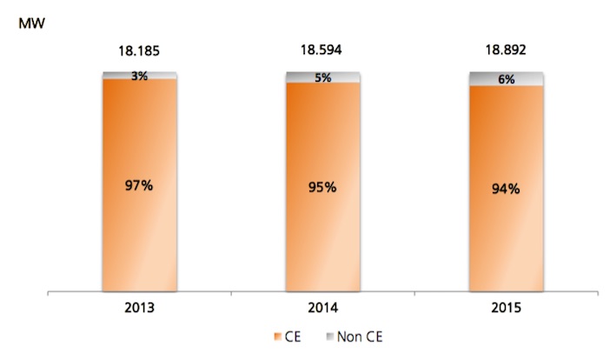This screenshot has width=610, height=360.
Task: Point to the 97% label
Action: (139, 185)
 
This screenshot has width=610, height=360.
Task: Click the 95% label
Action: (323, 187)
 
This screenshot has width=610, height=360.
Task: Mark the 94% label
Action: (507, 189)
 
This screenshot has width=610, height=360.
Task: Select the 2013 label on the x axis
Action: (139, 308)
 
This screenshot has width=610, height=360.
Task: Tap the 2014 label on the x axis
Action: (323, 308)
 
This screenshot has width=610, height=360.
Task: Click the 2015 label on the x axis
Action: (507, 308)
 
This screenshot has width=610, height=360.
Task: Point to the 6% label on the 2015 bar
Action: (507, 78)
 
